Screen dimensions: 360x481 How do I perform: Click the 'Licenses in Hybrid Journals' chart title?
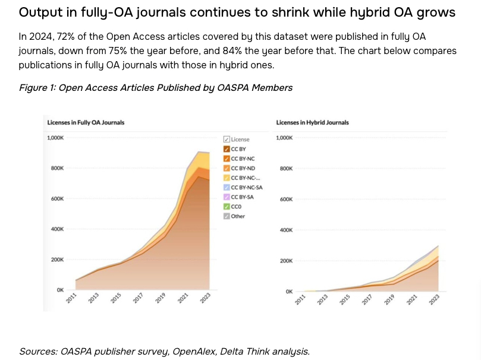click(312, 122)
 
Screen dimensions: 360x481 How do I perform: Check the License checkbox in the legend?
click(227, 139)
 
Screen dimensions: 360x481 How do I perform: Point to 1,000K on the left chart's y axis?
click(55, 137)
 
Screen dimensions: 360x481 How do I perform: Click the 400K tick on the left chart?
click(57, 229)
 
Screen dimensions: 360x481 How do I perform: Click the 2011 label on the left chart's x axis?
click(71, 299)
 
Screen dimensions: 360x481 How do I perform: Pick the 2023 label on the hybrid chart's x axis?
click(434, 301)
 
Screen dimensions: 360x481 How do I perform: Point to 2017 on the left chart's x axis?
click(138, 299)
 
